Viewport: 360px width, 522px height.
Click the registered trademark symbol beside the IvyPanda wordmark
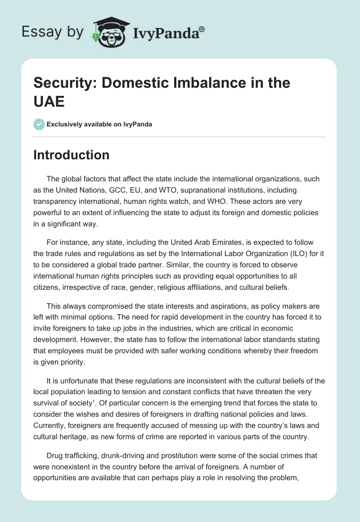coord(202,29)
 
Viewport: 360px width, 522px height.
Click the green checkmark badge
coord(39,124)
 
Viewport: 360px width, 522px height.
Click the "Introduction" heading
coord(72,155)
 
